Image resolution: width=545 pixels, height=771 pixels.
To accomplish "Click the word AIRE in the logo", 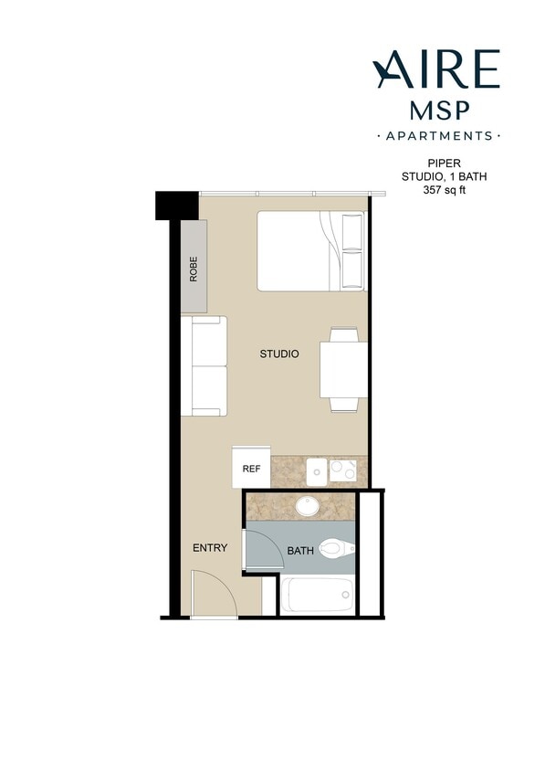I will point(436,69).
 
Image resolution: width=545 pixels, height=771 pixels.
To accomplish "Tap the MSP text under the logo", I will point(437,110).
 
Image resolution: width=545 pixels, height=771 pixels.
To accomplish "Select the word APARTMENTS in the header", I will point(438,136).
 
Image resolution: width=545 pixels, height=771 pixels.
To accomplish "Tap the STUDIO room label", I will point(279,354).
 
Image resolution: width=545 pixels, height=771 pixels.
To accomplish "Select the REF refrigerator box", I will point(251,469).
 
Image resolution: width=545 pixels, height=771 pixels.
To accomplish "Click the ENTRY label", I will point(209,548).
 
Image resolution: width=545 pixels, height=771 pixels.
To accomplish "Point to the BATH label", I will point(300,552).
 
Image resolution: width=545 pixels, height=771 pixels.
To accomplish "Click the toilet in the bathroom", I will point(336,549).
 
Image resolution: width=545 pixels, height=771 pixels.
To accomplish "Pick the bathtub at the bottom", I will point(316,597).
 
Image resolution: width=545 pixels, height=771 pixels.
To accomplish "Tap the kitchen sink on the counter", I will point(317,470).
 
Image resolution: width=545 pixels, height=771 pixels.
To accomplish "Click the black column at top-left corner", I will point(176,205).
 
